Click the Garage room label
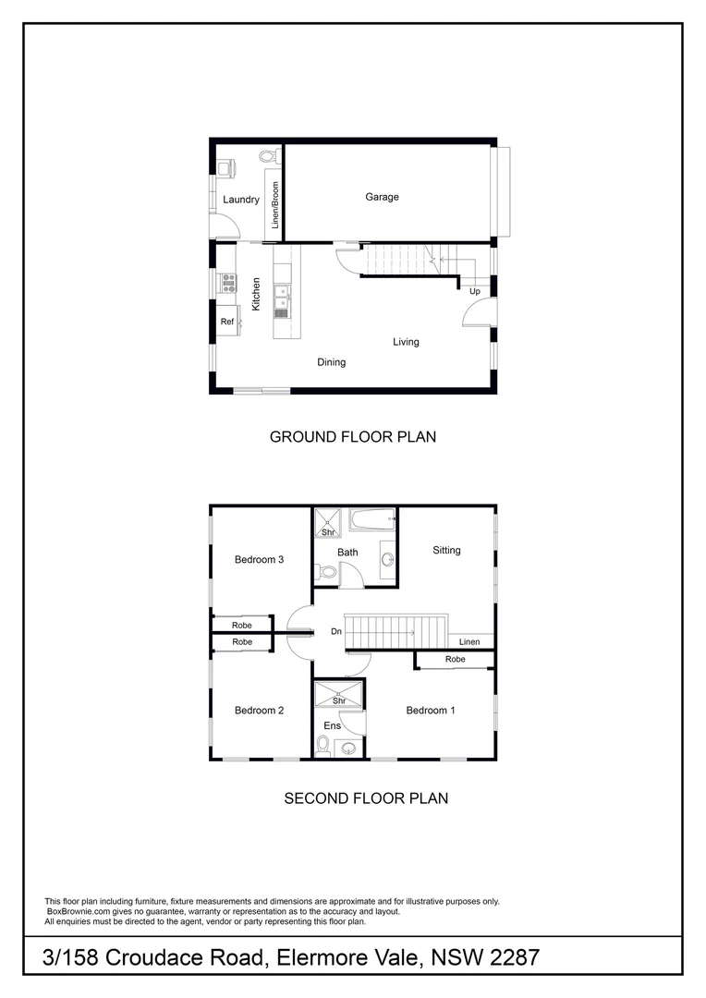tap(382, 197)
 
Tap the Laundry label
tap(240, 200)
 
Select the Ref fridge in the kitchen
tap(226, 322)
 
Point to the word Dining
tap(331, 362)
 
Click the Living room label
tap(406, 342)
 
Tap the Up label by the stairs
tap(475, 291)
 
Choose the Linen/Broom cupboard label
tap(275, 204)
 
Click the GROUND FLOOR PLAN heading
tap(352, 436)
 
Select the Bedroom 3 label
tap(259, 559)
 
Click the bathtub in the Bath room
tap(372, 520)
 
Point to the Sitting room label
tap(446, 551)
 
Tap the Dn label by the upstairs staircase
tap(336, 633)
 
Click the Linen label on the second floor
tap(469, 641)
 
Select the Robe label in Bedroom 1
tap(455, 660)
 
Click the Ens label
tap(332, 725)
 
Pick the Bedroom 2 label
tap(259, 711)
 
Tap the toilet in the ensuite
tap(323, 745)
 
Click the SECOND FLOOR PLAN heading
tap(366, 797)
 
